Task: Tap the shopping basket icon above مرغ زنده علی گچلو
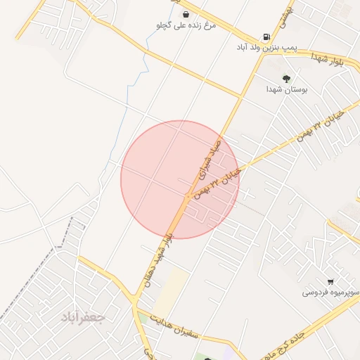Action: [185, 14]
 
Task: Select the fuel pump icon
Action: [266, 37]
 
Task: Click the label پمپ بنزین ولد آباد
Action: [267, 49]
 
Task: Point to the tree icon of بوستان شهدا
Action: [285, 78]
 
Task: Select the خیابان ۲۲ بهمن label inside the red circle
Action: [218, 182]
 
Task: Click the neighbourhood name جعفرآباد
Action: [83, 317]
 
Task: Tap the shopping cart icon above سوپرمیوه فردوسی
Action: [330, 281]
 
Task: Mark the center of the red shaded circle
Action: [179, 179]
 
